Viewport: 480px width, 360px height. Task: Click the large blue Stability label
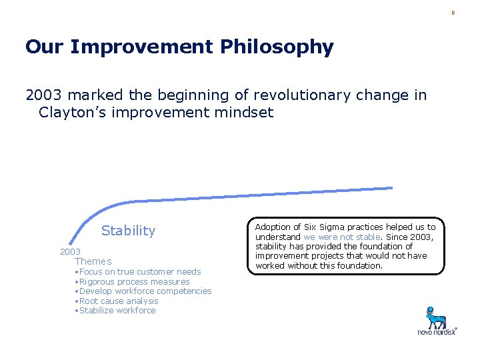point(128,231)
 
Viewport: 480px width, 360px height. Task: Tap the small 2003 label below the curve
point(70,251)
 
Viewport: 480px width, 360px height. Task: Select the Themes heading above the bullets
point(93,261)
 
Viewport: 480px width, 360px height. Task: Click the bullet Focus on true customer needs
point(139,271)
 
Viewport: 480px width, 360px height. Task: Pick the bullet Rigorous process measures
point(134,281)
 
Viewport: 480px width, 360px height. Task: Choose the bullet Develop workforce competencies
point(145,291)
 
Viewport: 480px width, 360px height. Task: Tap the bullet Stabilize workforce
point(117,310)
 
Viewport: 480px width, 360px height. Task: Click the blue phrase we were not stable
point(341,237)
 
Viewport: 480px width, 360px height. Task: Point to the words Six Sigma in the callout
point(317,227)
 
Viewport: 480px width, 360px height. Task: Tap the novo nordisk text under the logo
point(437,331)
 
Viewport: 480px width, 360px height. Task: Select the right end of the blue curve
point(391,188)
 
